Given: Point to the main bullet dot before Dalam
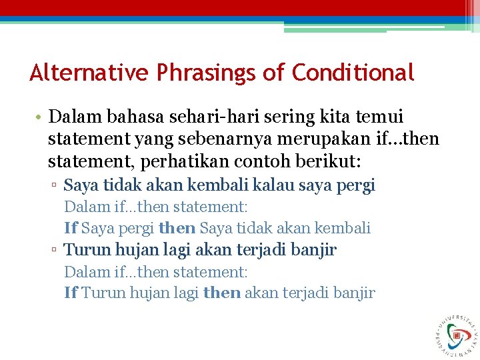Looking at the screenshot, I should [x=39, y=118].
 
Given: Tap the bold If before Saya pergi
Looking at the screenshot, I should [x=71, y=228].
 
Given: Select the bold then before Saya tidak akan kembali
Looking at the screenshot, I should [x=177, y=228].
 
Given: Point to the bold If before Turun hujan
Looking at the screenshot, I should [x=71, y=293].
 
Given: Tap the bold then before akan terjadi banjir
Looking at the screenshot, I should [x=221, y=293].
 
